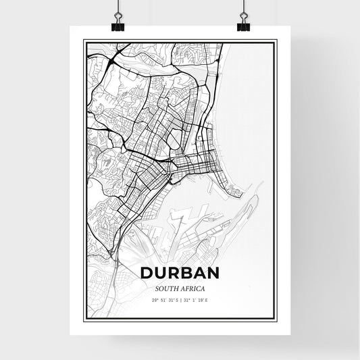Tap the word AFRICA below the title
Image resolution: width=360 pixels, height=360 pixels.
tap(193, 288)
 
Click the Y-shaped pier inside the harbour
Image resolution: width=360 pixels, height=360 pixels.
tap(178, 220)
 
